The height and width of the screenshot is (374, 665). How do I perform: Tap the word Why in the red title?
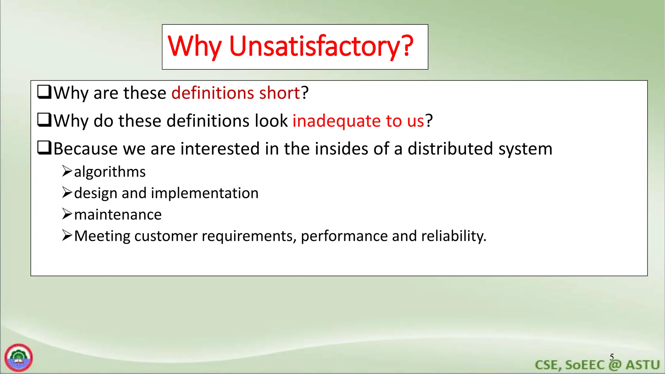(194, 46)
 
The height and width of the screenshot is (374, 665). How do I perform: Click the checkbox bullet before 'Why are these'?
(44, 92)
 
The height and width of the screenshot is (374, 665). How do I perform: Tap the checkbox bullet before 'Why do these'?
(44, 120)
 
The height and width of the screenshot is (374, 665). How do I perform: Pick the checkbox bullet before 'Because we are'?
(44, 148)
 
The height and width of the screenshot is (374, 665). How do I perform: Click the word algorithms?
(110, 172)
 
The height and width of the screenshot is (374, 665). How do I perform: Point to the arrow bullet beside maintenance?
(67, 214)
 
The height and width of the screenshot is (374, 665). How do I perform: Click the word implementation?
(205, 193)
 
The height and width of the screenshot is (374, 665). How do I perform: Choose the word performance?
(344, 236)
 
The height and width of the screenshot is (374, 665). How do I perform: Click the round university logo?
(19, 357)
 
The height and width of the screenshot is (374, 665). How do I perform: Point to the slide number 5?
(612, 357)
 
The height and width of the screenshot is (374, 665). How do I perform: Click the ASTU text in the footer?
(643, 365)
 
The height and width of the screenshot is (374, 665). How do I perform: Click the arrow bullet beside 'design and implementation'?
(67, 193)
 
